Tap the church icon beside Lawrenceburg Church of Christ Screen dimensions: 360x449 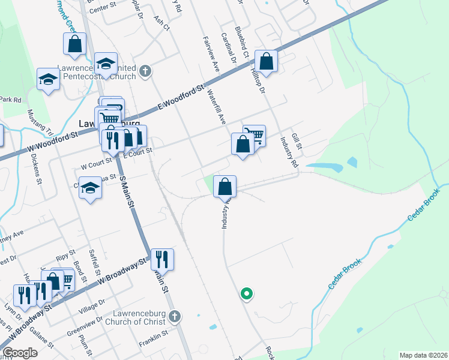point(174,316)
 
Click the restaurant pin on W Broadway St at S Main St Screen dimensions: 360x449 point(162,259)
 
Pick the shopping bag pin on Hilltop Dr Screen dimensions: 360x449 point(267,61)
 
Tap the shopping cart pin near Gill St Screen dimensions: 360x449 point(255,136)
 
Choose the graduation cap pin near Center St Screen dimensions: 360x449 point(106,64)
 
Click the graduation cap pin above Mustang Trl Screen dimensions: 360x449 point(48,79)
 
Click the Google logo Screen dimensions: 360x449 point(20,353)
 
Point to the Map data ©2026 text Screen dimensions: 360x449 point(423,355)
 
